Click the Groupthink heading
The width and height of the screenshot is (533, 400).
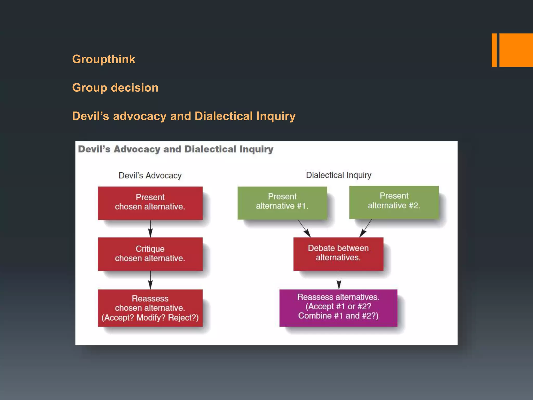coord(104,59)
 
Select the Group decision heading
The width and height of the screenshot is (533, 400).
coord(115,88)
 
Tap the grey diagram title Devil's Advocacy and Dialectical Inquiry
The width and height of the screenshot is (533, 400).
coord(176,149)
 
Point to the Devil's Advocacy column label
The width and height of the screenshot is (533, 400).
coord(150,176)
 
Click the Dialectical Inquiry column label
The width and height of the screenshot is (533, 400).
coord(338,175)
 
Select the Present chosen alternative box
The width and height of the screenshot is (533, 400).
coord(150,203)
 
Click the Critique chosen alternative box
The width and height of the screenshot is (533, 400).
coord(150,254)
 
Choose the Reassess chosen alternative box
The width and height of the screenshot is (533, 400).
coord(150,308)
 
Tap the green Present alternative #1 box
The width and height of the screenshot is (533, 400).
coord(282,203)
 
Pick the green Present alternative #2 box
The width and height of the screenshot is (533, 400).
coord(394,202)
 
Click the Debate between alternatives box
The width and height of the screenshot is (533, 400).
coord(338,254)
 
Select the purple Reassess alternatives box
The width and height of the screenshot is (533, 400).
coord(338,308)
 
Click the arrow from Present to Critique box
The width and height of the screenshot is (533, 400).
coord(150,229)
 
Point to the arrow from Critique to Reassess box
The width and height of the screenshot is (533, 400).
coord(150,280)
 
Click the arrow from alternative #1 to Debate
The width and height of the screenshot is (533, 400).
coord(304,228)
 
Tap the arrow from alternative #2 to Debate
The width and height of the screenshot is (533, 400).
coord(366,228)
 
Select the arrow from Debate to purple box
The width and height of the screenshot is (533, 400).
coord(339,280)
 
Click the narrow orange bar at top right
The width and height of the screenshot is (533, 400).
coord(494,50)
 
